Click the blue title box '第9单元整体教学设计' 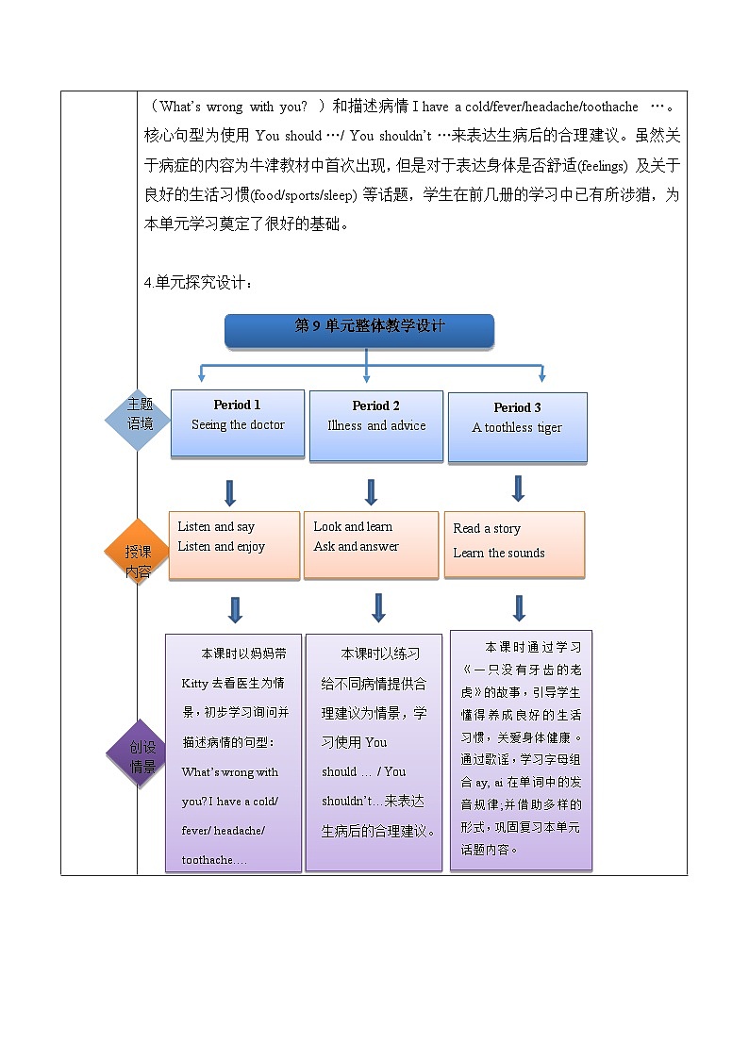[x=359, y=327]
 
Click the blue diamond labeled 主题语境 [x=140, y=415]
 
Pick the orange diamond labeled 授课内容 [x=139, y=552]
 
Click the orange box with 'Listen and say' [x=234, y=545]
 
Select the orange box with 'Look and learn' [x=371, y=545]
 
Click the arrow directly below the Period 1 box [x=230, y=492]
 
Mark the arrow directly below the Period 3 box [x=518, y=488]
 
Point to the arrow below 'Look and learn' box [x=378, y=607]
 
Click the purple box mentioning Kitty [x=233, y=752]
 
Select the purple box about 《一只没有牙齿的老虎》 [x=522, y=750]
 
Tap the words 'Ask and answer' [x=357, y=547]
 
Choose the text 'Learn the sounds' [x=499, y=554]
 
